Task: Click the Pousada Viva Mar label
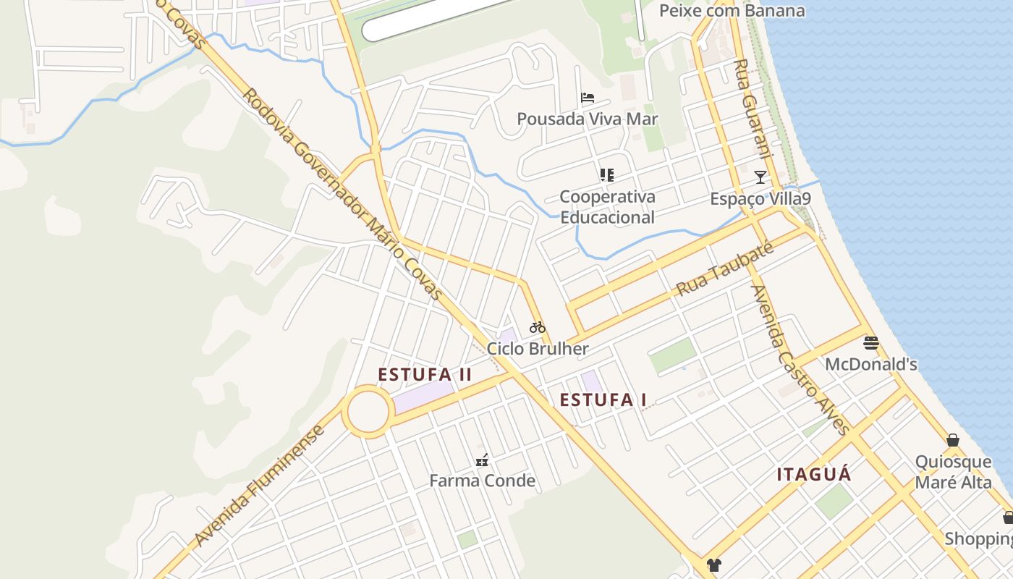(x=587, y=119)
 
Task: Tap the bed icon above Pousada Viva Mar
(x=588, y=97)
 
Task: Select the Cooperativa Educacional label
(x=607, y=207)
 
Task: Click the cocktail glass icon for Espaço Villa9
(x=760, y=177)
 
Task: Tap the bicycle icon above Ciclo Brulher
(x=537, y=327)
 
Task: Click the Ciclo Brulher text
(x=538, y=349)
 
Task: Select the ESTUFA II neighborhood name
(x=425, y=374)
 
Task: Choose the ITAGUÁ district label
(x=814, y=475)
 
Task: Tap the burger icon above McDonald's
(x=871, y=342)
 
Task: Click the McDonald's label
(x=871, y=364)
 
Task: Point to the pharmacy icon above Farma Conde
(x=482, y=460)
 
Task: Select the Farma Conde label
(x=482, y=481)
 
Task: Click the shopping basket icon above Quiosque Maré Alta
(x=953, y=440)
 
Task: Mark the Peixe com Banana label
(x=732, y=11)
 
